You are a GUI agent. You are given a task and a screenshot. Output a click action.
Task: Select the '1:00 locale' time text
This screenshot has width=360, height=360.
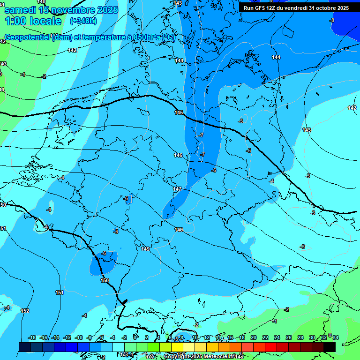33,22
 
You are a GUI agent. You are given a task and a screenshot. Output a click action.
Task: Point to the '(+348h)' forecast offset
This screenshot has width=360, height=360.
83,21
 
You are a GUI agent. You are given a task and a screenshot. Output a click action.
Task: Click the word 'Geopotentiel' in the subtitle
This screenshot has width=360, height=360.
28,37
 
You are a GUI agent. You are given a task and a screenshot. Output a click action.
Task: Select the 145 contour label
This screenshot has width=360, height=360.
179,112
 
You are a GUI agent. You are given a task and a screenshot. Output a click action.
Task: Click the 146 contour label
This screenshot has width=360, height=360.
178,155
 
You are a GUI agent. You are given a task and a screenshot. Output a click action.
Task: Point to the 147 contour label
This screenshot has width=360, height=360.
177,189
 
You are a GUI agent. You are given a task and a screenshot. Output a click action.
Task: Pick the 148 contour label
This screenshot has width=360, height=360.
179,230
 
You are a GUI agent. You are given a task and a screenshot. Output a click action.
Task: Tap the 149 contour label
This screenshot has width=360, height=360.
145,249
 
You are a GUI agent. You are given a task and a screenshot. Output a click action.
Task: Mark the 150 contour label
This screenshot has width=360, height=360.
105,280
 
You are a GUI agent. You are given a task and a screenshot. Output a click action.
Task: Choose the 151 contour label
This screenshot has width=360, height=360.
60,292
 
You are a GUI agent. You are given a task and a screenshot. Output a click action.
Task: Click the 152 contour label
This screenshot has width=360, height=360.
25,311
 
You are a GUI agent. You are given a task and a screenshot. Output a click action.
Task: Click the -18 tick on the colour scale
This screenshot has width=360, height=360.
32,337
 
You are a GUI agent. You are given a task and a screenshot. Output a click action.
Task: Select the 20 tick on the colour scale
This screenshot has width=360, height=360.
253,337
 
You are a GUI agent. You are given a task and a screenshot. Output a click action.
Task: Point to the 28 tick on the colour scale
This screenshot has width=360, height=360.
299,337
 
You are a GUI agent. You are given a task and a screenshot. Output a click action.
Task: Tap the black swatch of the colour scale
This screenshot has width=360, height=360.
329,347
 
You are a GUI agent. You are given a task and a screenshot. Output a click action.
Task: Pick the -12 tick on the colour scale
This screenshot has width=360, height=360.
67,337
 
